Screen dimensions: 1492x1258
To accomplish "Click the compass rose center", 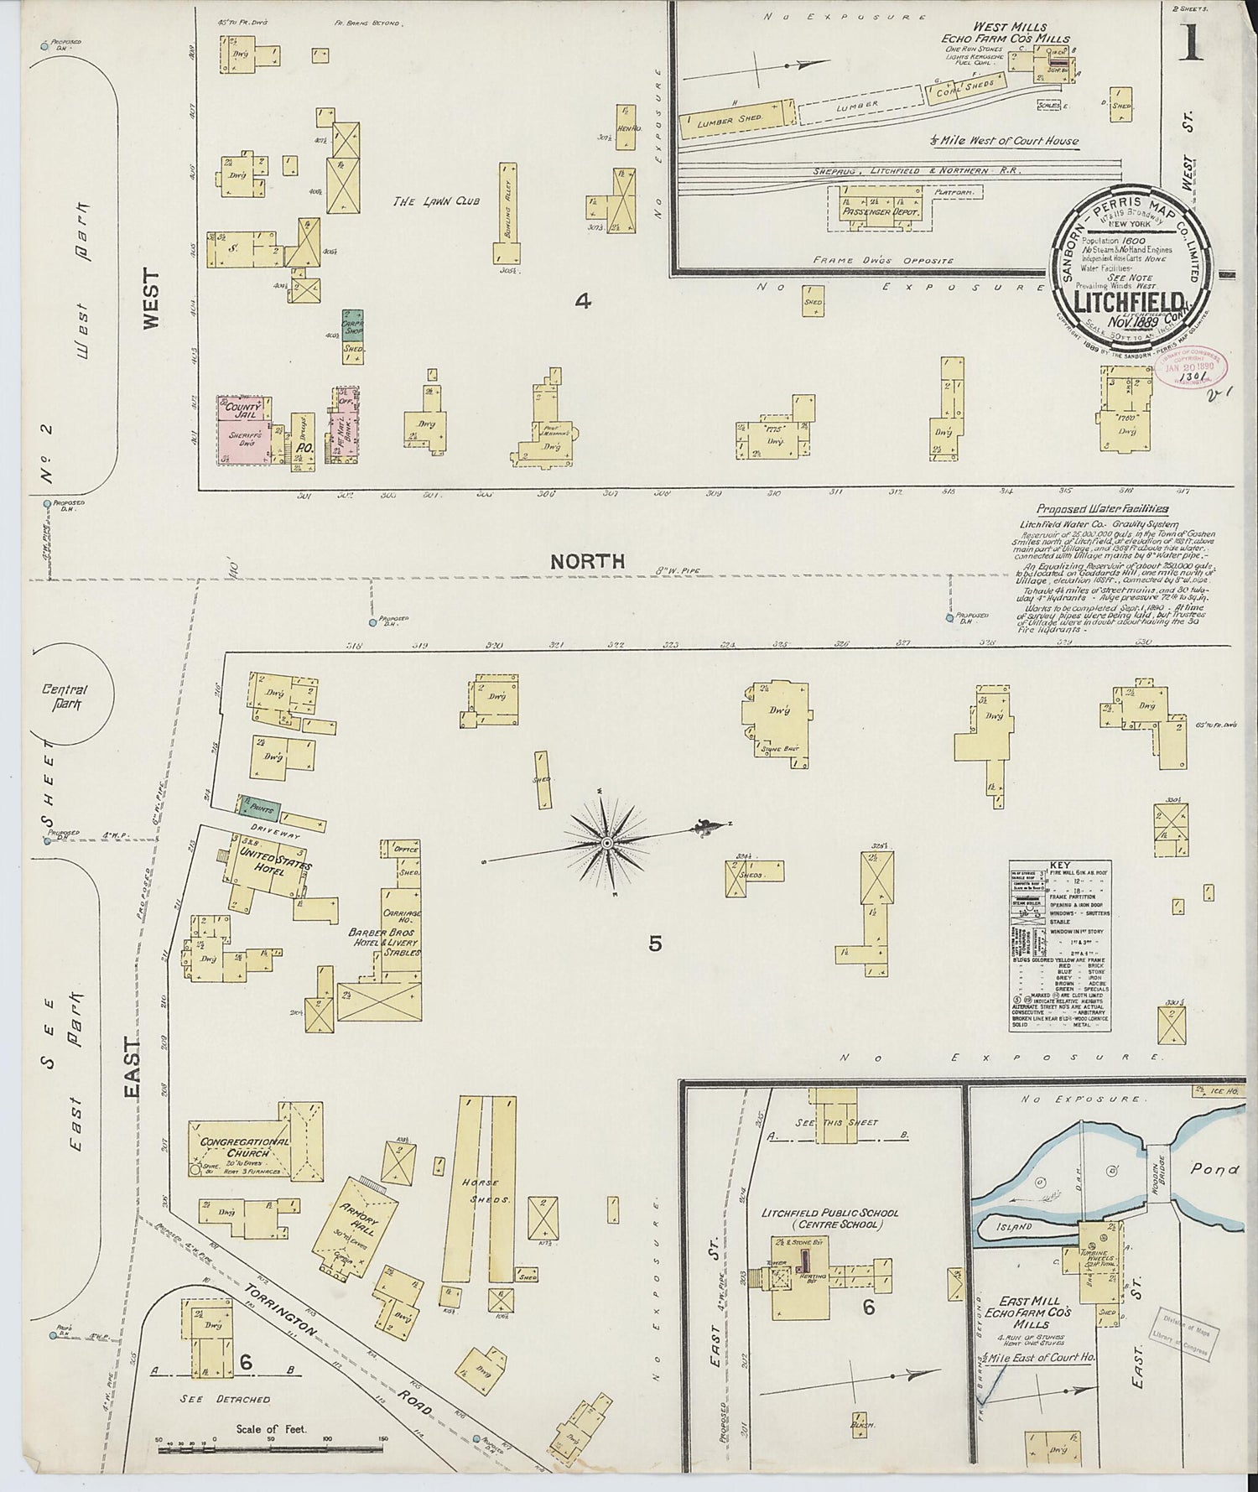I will coord(606,841).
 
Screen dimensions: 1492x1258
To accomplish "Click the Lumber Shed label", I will coord(728,121).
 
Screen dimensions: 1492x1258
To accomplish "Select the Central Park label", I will coord(65,698).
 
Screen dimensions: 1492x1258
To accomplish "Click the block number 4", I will coord(582,300).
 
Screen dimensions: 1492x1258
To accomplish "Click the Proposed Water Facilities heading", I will coord(1102,509).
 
